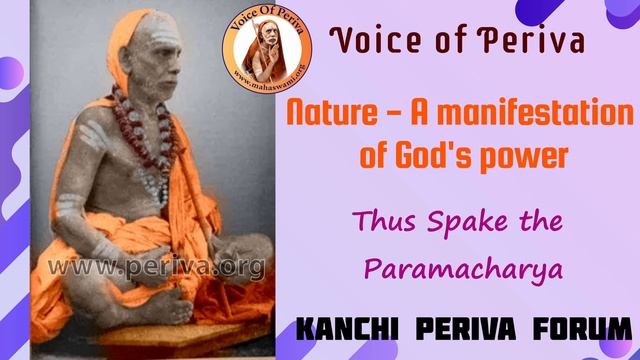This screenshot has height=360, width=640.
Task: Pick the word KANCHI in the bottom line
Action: (337, 327)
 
